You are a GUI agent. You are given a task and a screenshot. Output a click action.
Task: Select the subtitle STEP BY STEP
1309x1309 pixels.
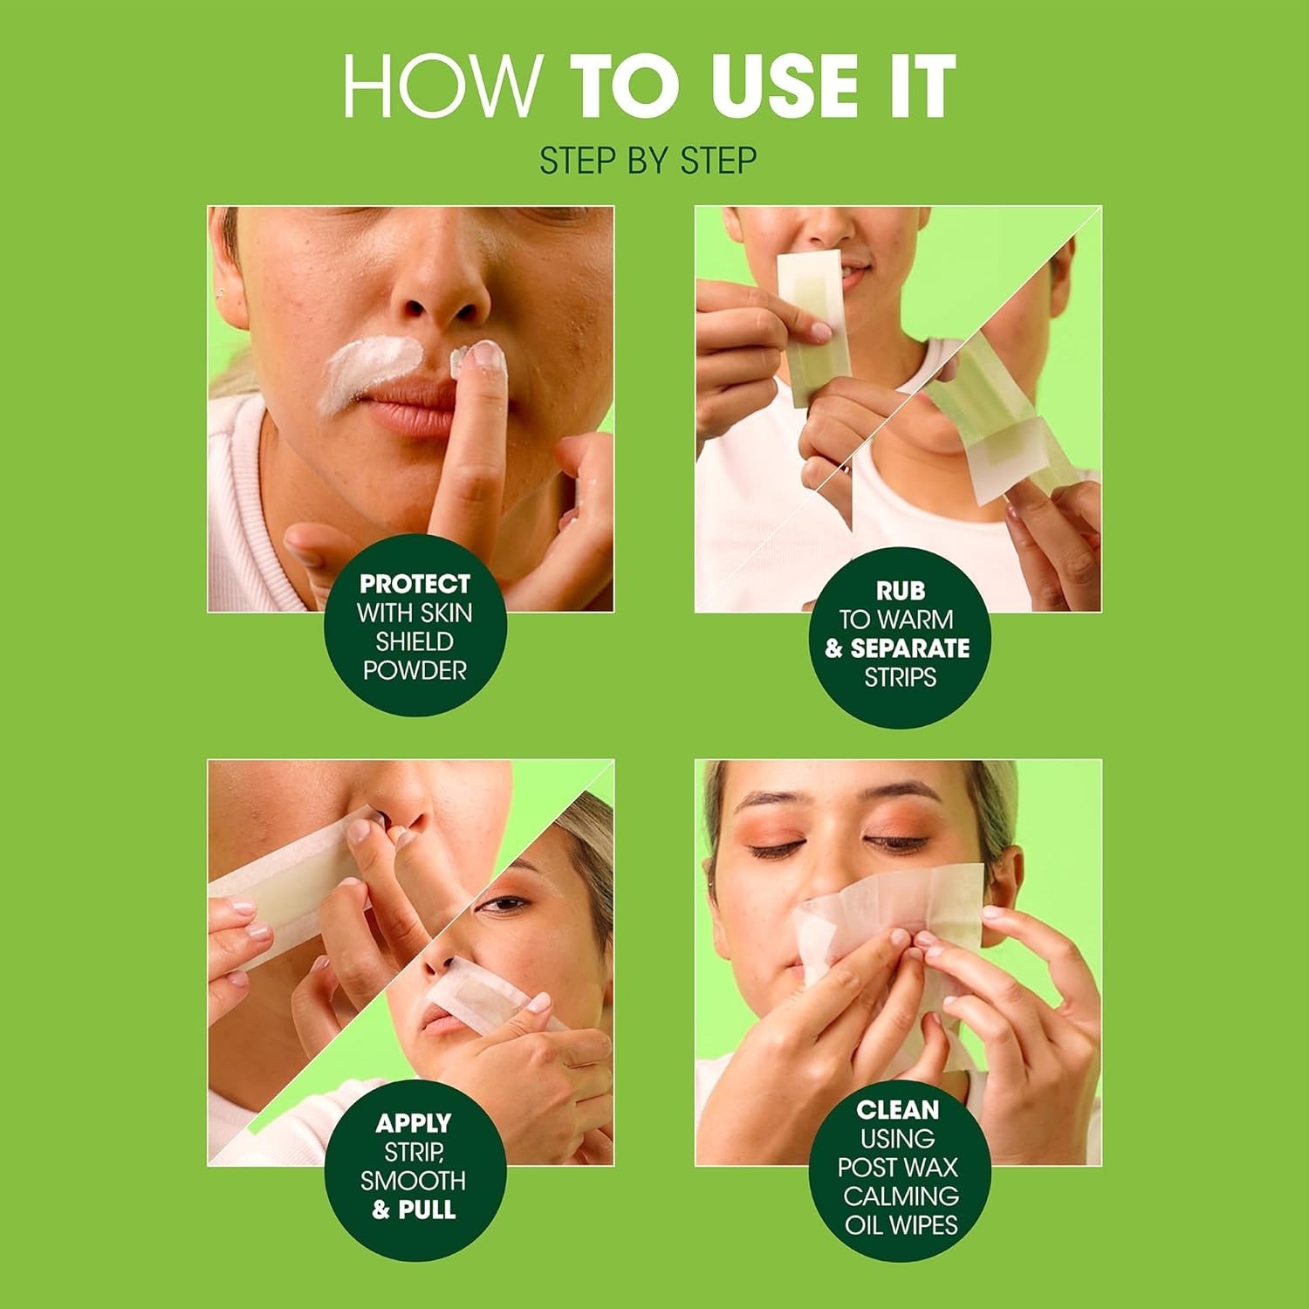coord(648,161)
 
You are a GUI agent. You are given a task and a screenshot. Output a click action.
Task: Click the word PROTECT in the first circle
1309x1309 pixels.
coord(415,584)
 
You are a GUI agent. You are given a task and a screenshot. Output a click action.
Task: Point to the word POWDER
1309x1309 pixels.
coord(415,670)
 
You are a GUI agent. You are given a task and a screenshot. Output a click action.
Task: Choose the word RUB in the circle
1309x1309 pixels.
coord(900,591)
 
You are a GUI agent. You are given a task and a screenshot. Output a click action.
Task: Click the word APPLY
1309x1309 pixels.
coord(414,1123)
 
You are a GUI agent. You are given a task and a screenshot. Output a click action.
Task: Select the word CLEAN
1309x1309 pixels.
coord(898,1110)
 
